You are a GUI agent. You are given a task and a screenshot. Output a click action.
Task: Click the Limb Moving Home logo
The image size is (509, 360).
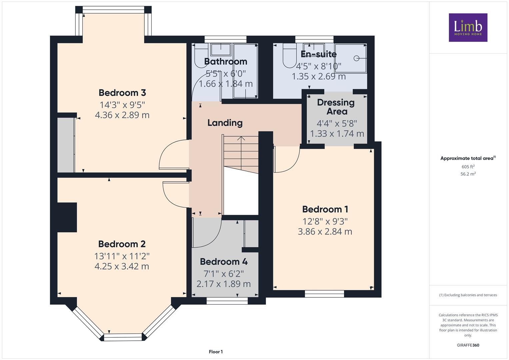coord(468,27)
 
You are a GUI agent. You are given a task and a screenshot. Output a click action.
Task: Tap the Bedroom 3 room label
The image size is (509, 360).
coord(122,93)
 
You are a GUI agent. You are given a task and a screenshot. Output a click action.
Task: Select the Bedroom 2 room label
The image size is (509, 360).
coord(122,244)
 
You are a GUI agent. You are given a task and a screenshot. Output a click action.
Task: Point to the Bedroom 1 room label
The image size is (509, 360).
coord(325,209)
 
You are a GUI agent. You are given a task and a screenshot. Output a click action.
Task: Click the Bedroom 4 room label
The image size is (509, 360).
coord(224,262)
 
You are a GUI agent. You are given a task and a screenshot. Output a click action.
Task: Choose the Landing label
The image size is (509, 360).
coord(225,123)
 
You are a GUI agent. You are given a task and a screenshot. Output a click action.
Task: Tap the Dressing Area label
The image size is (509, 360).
coord(336,107)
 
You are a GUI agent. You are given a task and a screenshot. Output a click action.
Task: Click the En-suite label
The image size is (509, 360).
coord(318,54)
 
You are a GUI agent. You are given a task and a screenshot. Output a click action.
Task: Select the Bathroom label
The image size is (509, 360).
coord(225,61)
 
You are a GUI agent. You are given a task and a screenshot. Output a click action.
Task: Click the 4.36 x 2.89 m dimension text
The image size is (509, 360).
coord(122,115)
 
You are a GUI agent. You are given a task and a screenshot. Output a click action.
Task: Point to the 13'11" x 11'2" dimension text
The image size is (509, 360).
coord(122,256)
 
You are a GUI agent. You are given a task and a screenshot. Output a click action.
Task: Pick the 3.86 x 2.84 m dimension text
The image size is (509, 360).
coord(325,231)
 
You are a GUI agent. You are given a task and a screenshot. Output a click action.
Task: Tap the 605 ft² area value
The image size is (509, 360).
coord(468,167)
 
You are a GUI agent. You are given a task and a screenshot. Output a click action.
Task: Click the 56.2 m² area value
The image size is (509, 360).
coord(468,174)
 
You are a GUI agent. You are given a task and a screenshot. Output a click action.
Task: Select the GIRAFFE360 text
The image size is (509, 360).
coord(468,345)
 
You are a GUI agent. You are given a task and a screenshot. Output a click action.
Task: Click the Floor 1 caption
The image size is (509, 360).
coord(216,352)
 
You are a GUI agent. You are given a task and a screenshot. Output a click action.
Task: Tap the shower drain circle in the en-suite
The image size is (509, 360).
coord(356,58)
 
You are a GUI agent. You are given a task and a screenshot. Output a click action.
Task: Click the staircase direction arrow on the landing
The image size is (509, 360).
coord(241,138)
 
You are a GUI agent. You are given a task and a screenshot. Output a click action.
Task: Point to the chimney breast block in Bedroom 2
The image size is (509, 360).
coord(67,217)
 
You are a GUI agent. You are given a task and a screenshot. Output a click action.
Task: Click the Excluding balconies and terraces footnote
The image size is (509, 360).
coord(468,295)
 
